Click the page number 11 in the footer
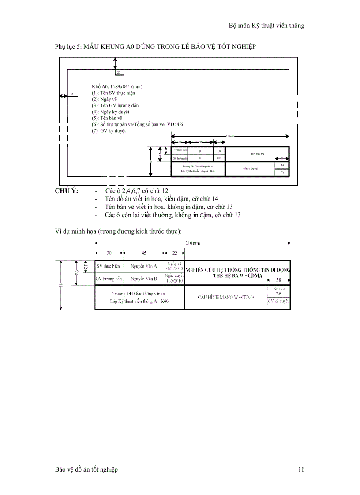[301, 470]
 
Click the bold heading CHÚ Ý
[66, 191]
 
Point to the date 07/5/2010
[174, 268]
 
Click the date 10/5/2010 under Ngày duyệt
[174, 281]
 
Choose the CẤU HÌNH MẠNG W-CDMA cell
[226, 297]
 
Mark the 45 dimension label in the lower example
[143, 253]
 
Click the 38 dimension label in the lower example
[278, 280]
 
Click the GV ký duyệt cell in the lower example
[278, 301]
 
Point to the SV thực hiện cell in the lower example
[108, 266]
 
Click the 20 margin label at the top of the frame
[118, 72]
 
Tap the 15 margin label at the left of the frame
[71, 94]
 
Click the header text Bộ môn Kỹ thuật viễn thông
[266, 26]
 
